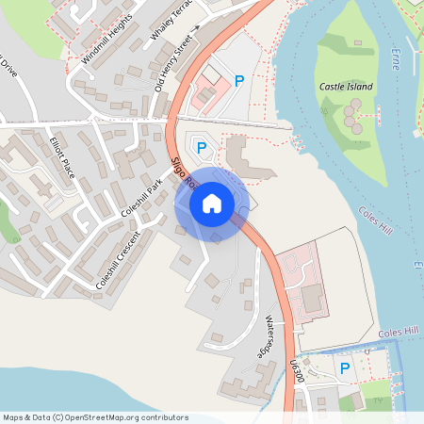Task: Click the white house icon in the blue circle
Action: (x=212, y=204)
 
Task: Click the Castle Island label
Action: (x=346, y=87)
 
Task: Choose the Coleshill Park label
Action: (x=142, y=195)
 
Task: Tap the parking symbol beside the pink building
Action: (x=239, y=82)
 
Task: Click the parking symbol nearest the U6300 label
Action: (x=345, y=369)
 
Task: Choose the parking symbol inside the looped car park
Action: (x=201, y=148)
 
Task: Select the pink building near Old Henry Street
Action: (x=205, y=91)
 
